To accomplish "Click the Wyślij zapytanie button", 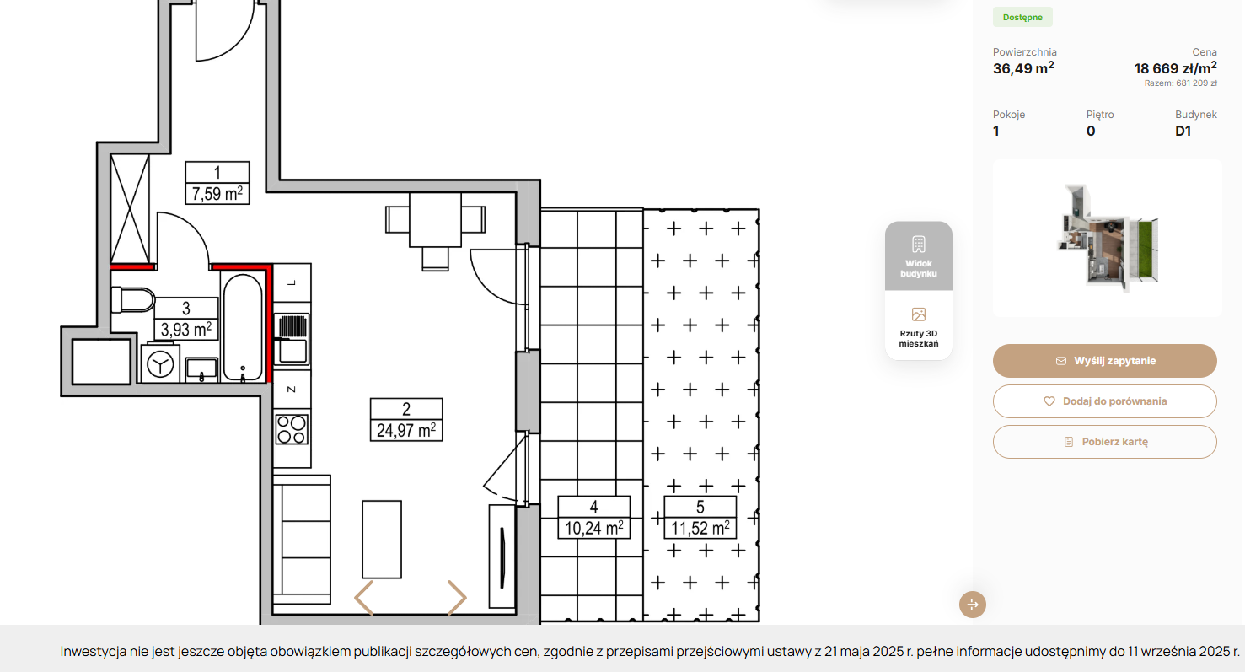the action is [1104, 361].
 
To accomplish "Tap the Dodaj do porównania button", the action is [1104, 401].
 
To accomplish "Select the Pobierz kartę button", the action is [1104, 442].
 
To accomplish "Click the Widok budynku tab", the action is [918, 256].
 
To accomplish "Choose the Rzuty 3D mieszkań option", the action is [918, 326].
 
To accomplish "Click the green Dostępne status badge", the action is [1022, 17].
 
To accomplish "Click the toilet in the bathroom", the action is [133, 300].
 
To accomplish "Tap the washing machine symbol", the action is [160, 364].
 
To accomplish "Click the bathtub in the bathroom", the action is [243, 328].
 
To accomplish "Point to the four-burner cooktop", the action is [292, 429].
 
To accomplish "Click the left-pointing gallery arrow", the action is [364, 598].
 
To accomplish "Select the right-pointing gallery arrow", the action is [457, 598].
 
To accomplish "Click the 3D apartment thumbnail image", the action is [1107, 238].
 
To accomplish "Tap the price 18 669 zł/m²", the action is [1176, 68].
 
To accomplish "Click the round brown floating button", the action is [973, 605].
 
